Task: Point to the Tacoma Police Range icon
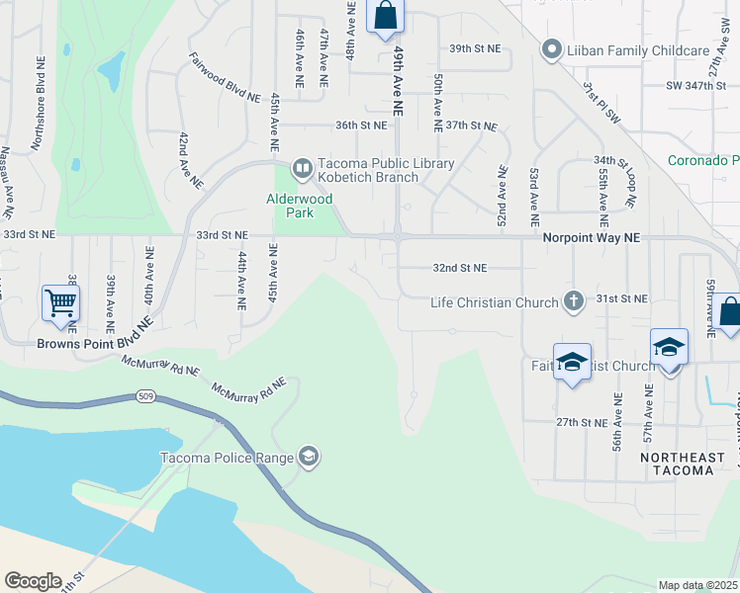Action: (x=309, y=456)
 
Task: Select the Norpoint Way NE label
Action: (x=592, y=238)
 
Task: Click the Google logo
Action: (x=33, y=581)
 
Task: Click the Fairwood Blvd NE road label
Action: (x=224, y=78)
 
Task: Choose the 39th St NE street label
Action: (x=475, y=47)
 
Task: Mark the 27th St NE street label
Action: (x=581, y=422)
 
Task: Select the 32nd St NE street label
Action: (x=460, y=268)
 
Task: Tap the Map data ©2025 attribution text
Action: (x=697, y=585)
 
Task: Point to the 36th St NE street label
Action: (x=359, y=126)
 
